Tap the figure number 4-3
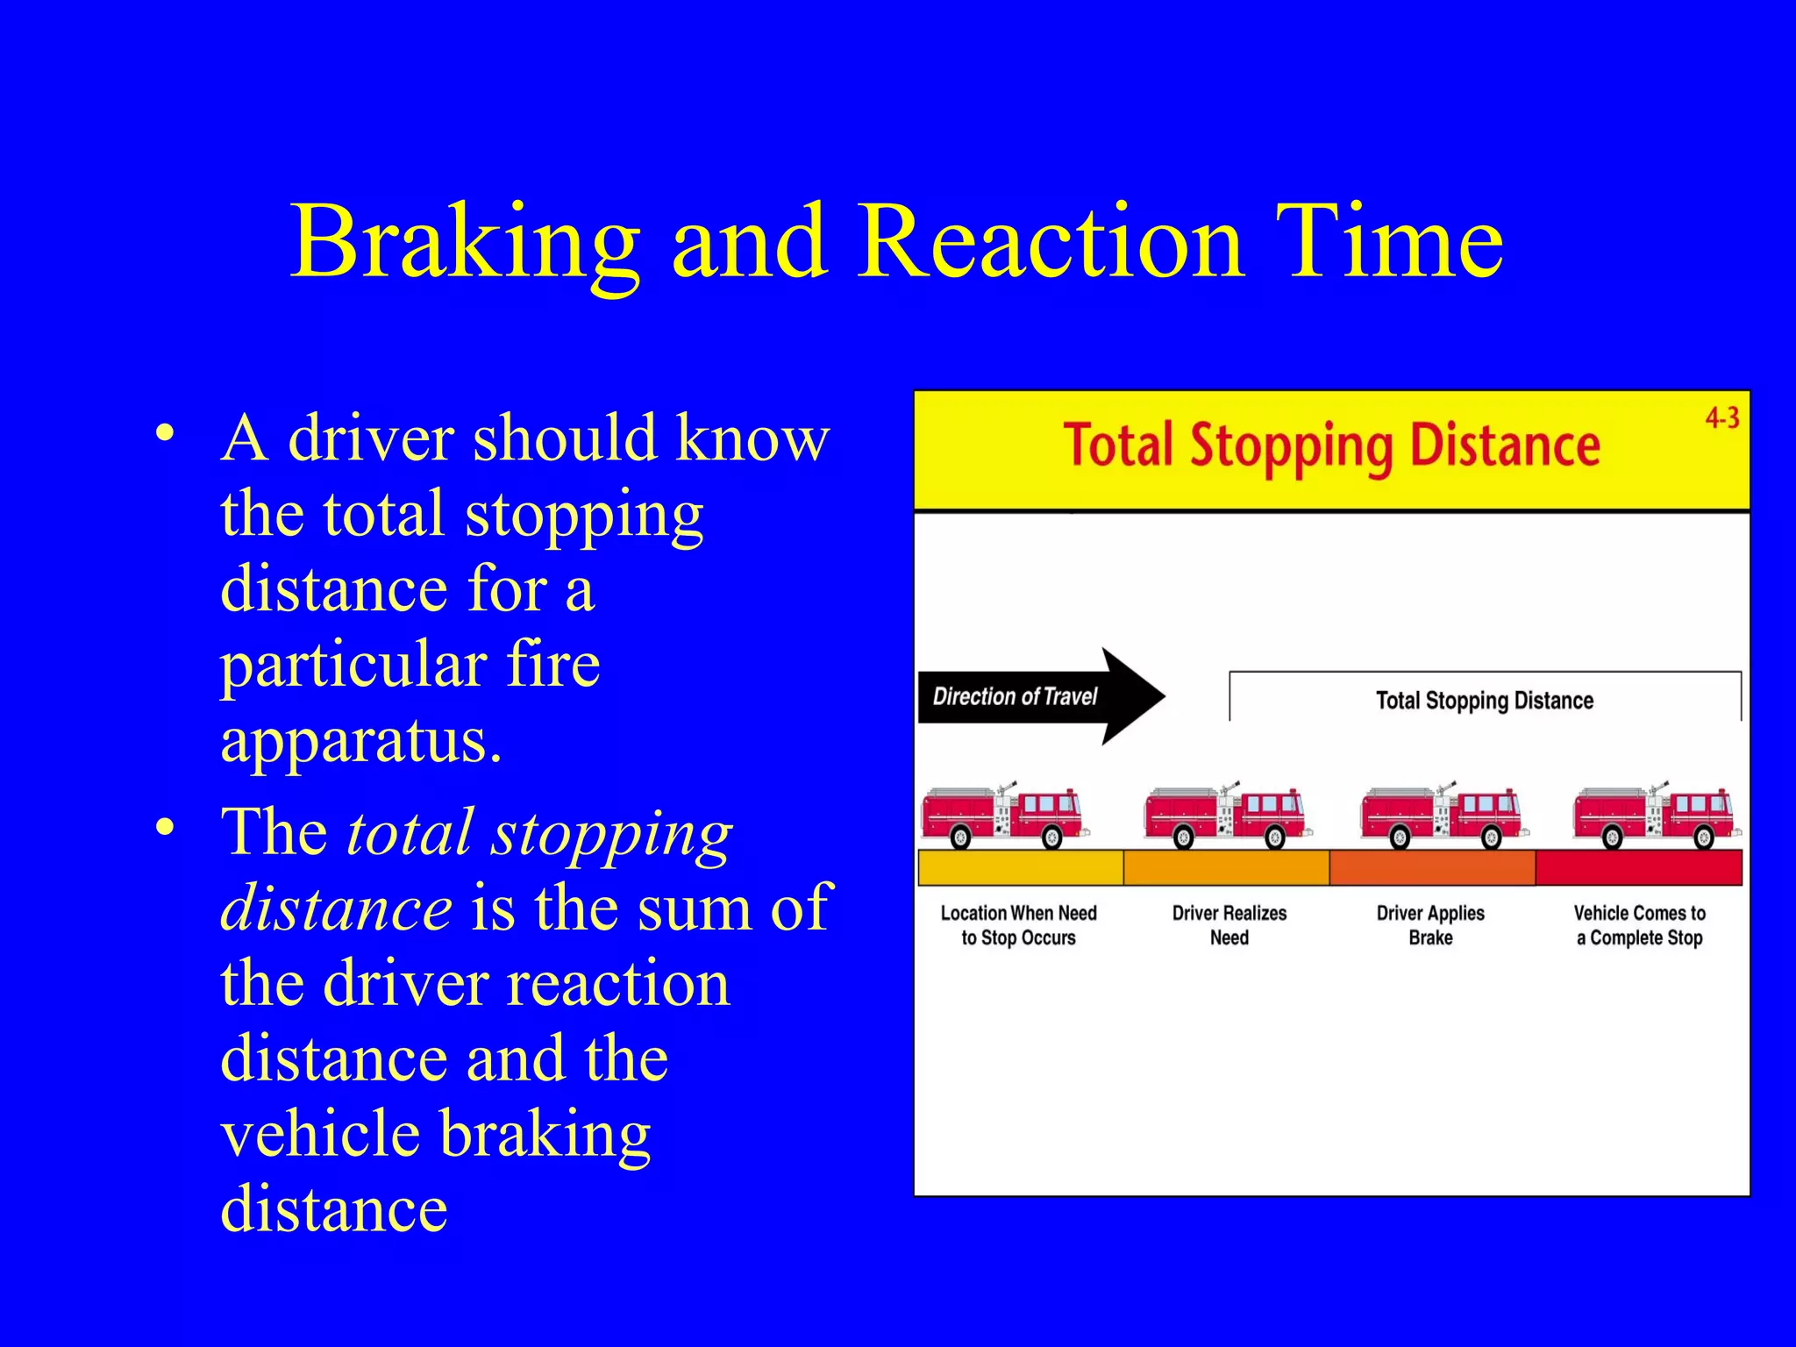(1721, 418)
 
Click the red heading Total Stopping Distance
(1331, 446)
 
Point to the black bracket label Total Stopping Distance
(1484, 701)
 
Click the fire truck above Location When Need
(1005, 816)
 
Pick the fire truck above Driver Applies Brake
(1443, 816)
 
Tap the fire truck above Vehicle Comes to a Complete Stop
(1656, 816)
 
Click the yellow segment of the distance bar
(1020, 867)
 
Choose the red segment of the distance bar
(1638, 867)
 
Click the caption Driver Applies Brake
(1430, 925)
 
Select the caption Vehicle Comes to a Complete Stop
(1639, 925)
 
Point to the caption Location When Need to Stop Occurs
(1018, 925)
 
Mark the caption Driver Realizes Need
(1229, 925)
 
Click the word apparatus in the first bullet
(360, 742)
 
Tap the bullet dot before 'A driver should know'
(165, 433)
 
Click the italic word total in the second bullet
(410, 832)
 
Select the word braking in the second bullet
(544, 1134)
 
